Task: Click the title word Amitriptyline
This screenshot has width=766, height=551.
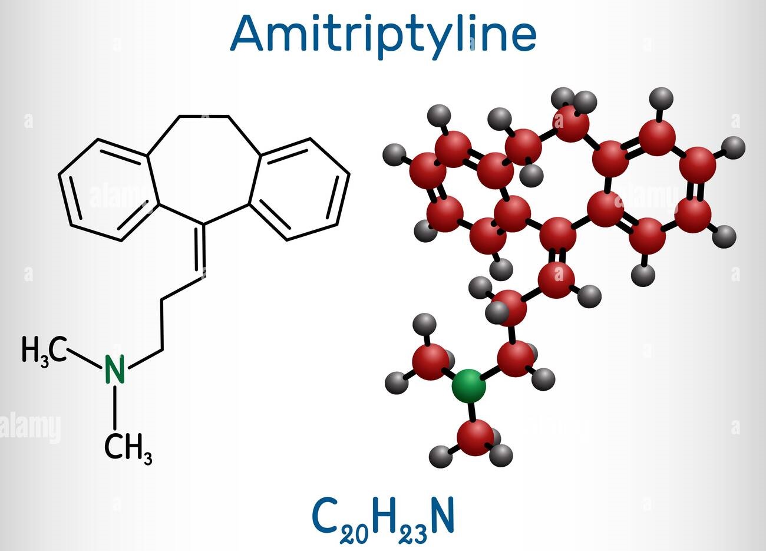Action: click(383, 36)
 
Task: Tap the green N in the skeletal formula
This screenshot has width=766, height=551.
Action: click(114, 369)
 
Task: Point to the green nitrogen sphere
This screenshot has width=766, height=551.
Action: click(468, 386)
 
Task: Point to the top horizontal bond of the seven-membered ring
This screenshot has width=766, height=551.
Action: click(204, 117)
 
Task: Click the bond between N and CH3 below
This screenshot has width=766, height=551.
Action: click(115, 407)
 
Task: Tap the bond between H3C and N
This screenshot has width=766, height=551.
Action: click(84, 358)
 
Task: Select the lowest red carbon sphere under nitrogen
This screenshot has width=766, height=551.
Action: click(476, 437)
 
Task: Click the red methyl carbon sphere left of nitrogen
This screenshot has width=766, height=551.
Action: click(430, 361)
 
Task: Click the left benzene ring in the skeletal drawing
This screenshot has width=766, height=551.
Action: click(109, 190)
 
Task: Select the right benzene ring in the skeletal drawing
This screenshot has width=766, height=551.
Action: click(299, 189)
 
